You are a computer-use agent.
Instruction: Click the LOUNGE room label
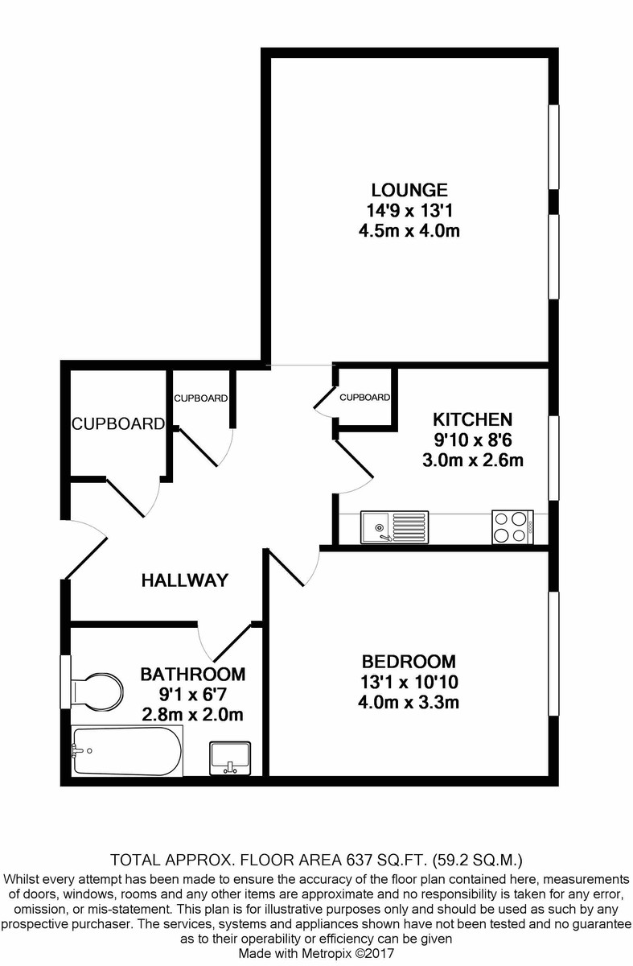409,190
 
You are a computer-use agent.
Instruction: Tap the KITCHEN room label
472,419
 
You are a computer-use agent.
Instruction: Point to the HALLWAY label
185,580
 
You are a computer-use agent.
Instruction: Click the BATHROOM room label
193,675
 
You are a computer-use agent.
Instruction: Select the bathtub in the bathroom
127,751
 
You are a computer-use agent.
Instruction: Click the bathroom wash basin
230,758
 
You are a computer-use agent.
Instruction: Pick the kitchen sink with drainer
394,527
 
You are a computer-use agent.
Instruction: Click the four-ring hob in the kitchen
513,527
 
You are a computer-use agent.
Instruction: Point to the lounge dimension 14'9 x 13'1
409,211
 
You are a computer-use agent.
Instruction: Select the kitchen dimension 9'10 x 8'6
472,440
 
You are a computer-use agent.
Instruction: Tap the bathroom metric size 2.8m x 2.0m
193,716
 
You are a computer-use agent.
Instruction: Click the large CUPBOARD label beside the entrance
118,424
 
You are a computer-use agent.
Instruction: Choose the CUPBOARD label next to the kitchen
364,397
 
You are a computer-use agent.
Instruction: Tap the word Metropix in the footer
329,953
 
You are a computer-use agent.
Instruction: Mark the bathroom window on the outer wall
65,682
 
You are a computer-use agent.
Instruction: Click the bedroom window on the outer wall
553,654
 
